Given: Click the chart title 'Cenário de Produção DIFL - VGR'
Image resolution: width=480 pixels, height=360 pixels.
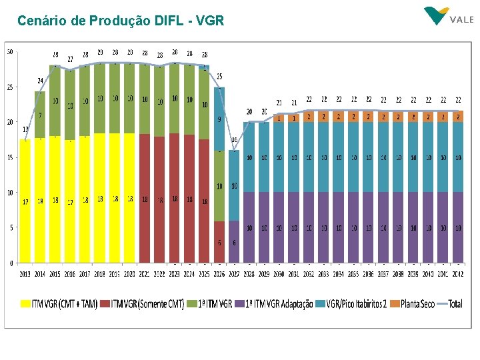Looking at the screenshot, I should (x=121, y=21).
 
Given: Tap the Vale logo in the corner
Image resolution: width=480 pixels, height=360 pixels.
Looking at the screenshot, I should (x=448, y=17).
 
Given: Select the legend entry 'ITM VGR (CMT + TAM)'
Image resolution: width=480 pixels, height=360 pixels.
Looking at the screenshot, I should (x=59, y=304).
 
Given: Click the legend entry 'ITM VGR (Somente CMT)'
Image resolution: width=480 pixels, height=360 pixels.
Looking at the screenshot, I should (x=143, y=304).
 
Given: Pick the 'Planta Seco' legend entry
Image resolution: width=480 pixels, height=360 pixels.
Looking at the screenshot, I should (x=413, y=304).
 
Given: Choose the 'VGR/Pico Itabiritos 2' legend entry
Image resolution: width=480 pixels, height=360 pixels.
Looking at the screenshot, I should (x=353, y=304).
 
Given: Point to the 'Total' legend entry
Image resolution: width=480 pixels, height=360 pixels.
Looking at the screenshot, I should (x=450, y=304).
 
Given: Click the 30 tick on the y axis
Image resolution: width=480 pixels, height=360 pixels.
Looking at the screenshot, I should (x=10, y=52).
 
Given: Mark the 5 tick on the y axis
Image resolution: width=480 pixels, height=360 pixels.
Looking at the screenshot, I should (x=11, y=228).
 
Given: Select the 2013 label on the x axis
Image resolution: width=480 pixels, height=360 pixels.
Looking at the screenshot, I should (x=25, y=273).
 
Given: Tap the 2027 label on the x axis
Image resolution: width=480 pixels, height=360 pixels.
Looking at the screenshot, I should (x=234, y=273).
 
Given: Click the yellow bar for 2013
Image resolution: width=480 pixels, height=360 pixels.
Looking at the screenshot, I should (x=25, y=200).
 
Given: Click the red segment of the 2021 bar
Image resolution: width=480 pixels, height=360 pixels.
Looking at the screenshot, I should (x=145, y=200).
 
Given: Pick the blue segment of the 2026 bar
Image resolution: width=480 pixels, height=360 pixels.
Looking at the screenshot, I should (x=219, y=120).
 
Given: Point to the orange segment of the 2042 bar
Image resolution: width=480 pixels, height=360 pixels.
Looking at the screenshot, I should (x=459, y=116).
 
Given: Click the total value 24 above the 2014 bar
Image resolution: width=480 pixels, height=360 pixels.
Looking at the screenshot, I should (x=40, y=81).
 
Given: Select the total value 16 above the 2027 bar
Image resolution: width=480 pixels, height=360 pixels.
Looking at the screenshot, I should (x=234, y=140).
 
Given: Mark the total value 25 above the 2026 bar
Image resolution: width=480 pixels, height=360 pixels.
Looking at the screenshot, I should (x=219, y=77).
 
